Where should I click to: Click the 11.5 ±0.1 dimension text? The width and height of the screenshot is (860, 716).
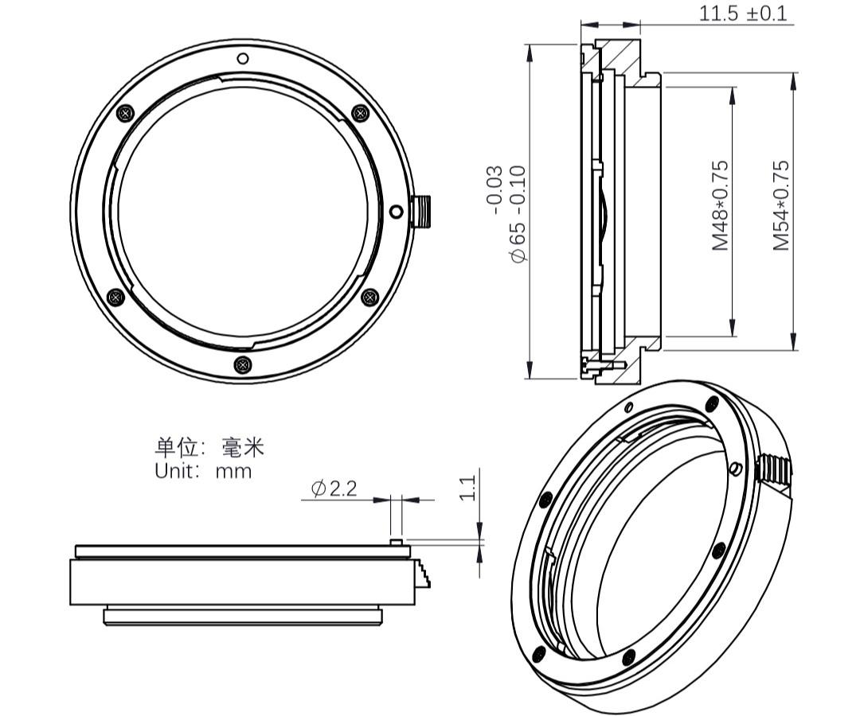pos(742,14)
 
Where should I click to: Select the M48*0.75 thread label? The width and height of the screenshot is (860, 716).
pos(720,205)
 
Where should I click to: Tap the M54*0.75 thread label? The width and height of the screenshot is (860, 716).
pos(782,205)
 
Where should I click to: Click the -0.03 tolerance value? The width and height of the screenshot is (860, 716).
pos(494,189)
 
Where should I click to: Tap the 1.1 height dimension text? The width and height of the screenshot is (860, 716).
pos(468,487)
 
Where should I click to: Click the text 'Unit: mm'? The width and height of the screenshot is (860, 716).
pos(203,471)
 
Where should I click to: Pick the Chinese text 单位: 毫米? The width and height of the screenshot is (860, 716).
pos(209,447)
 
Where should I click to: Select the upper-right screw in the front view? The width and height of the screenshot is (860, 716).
pos(360,113)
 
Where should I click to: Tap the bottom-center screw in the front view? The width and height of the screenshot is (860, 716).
pos(243,364)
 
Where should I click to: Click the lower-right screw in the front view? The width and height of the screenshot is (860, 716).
pos(369,297)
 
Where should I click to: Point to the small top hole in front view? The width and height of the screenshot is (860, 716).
pos(243,57)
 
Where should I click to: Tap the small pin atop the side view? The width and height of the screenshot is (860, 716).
pos(396,543)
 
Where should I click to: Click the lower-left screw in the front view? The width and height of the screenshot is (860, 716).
pos(115,297)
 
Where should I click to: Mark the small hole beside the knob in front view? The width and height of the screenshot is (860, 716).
pos(397,211)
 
